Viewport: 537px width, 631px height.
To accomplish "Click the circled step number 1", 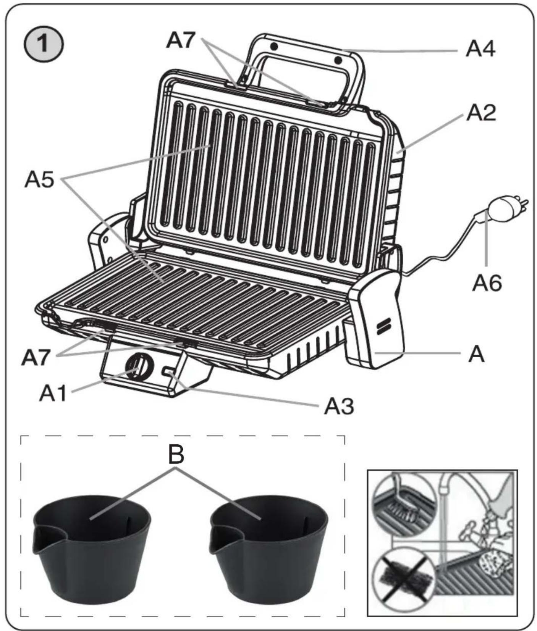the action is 43,44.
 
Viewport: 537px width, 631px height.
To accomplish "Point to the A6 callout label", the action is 487,283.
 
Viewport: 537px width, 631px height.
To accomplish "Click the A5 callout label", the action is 40,179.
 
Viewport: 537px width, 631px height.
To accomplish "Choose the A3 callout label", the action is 339,406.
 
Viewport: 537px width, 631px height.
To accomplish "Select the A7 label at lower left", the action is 36,357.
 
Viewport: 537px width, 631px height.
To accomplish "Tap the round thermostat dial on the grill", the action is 139,366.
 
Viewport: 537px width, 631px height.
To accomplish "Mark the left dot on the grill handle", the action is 273,46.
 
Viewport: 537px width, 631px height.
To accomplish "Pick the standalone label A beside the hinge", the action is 476,354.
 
